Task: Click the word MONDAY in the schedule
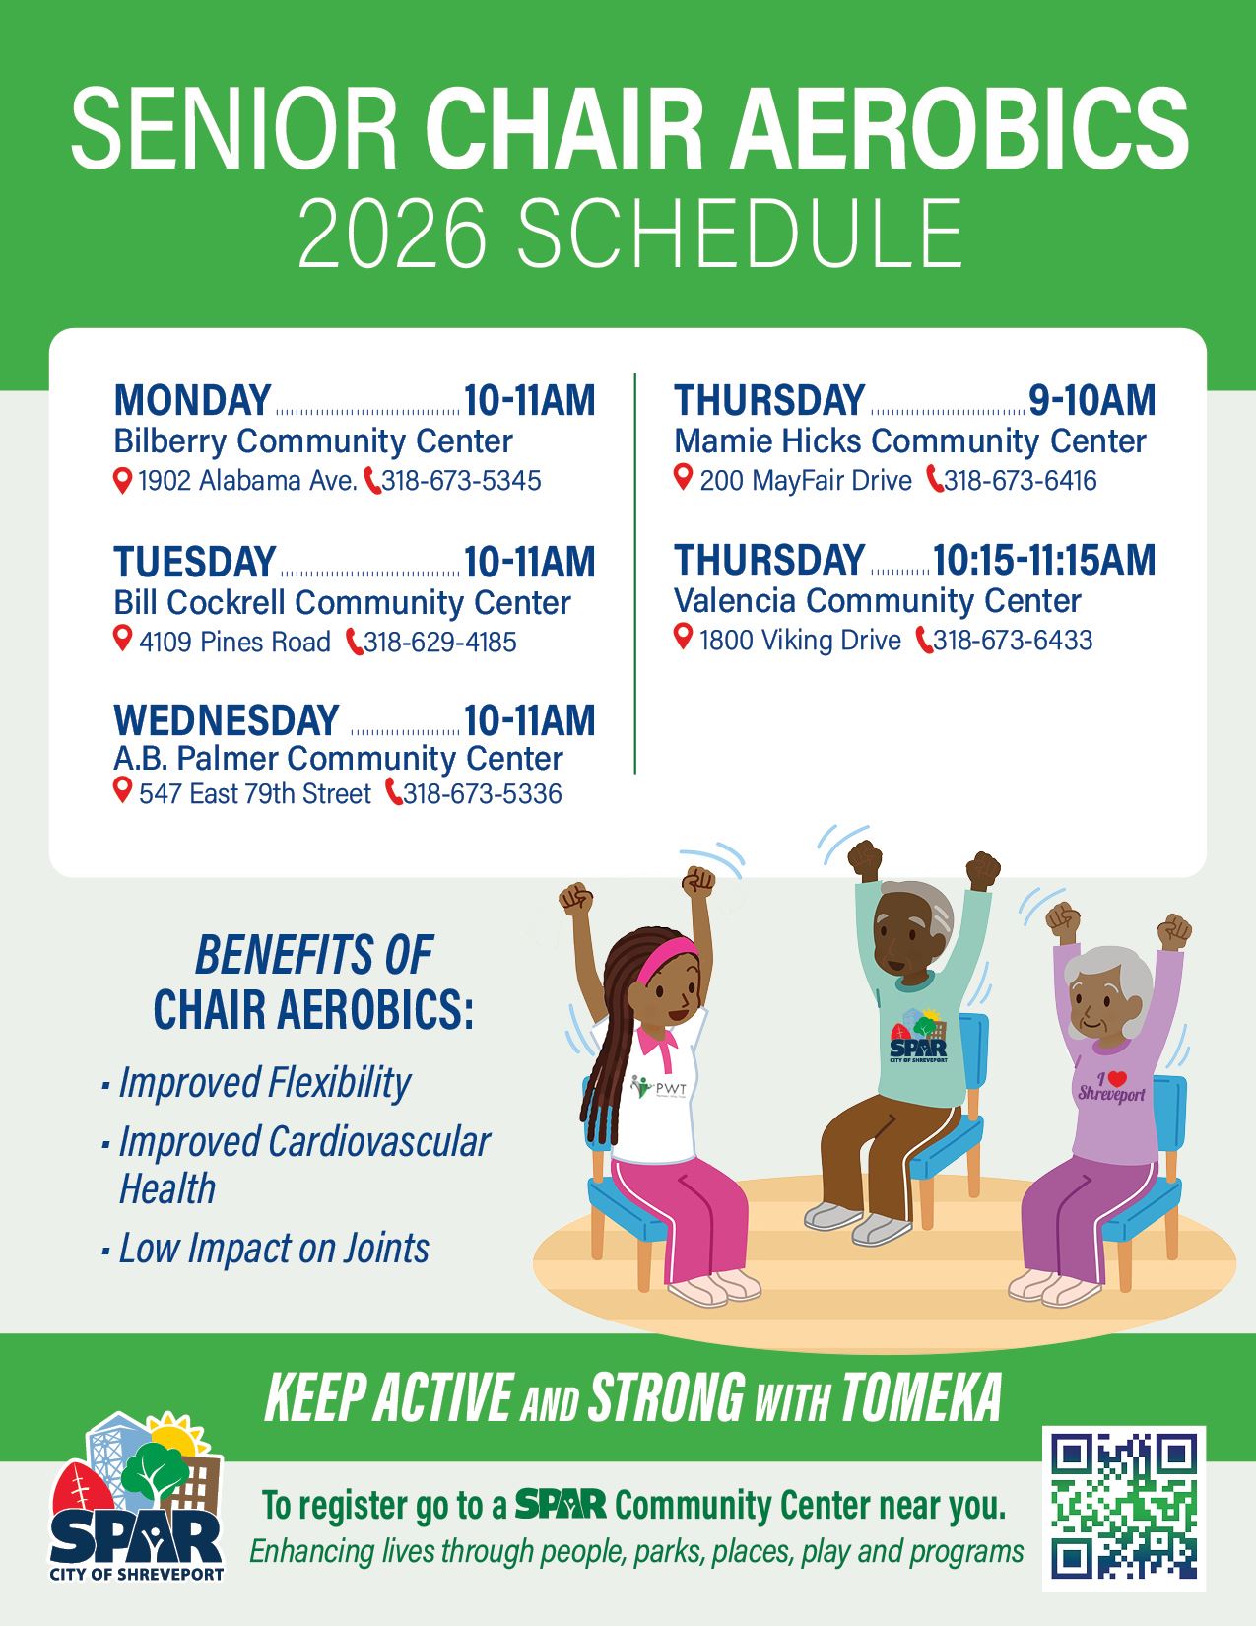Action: [x=192, y=399]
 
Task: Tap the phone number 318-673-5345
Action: [x=462, y=480]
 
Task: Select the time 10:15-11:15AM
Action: [x=1044, y=560]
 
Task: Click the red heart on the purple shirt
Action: [x=1117, y=1079]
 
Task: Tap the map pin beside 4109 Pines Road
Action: [x=123, y=639]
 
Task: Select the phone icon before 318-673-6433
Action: [x=924, y=641]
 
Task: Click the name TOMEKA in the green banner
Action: [x=921, y=1397]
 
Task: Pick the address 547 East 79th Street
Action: [x=255, y=794]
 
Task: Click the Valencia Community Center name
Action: [x=878, y=601]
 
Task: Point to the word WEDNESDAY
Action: [x=227, y=719]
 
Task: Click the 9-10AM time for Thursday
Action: [x=1092, y=399]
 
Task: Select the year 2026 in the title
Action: [x=393, y=233]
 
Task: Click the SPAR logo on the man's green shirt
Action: [x=919, y=1037]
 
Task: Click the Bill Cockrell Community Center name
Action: [x=342, y=602]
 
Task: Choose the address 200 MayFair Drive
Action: [x=806, y=480]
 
